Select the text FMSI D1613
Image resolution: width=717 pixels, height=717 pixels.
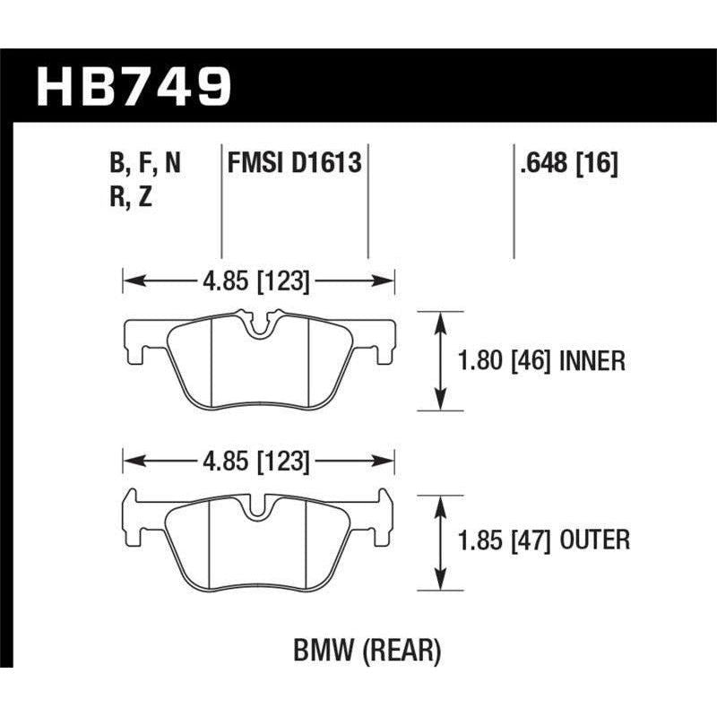click(x=295, y=164)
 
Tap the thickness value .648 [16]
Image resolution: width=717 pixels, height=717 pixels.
click(x=566, y=164)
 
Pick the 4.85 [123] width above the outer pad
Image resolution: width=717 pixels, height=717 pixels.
click(x=258, y=462)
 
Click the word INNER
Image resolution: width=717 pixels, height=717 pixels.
click(x=592, y=361)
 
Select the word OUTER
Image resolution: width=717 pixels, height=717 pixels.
click(x=594, y=541)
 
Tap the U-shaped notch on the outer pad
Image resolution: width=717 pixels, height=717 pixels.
click(x=257, y=508)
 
